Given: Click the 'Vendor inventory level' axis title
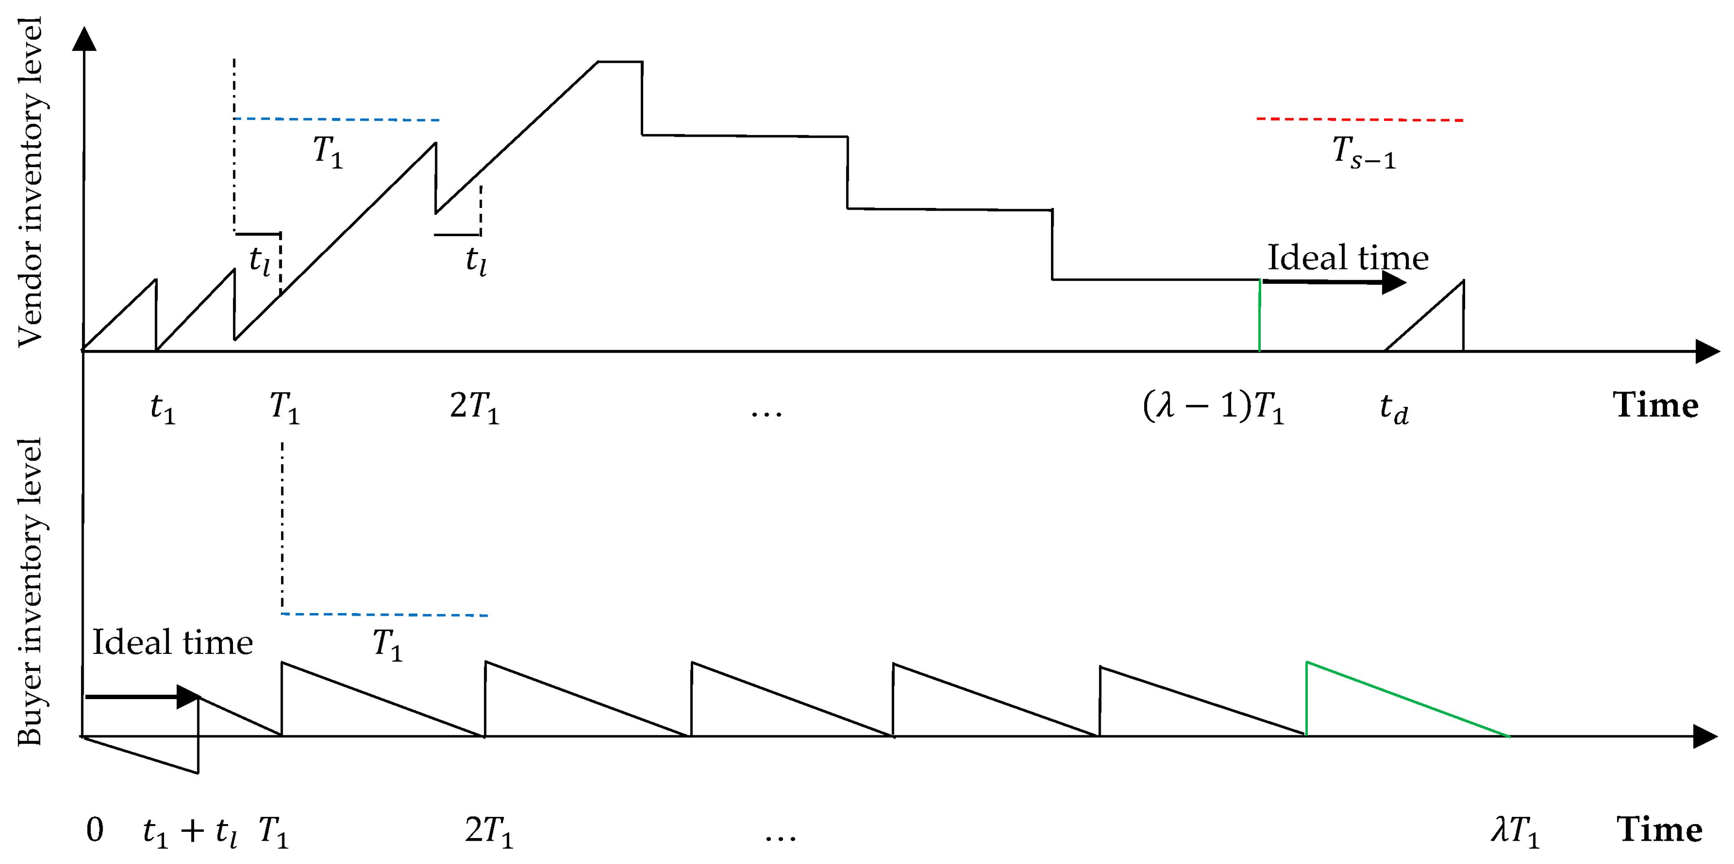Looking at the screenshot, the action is (30, 181).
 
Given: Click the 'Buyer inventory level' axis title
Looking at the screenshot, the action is (30, 592).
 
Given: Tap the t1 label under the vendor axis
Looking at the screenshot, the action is (163, 408).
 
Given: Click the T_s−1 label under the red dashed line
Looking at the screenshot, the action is (1364, 152).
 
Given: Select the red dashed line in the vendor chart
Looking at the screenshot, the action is (1360, 120).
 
